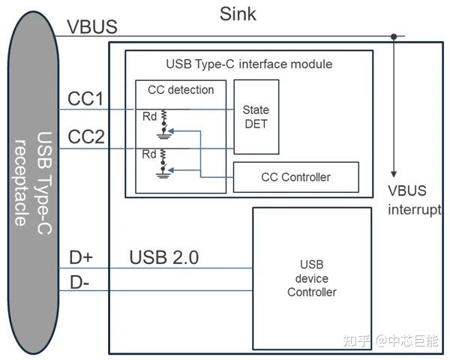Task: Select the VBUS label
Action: (x=91, y=27)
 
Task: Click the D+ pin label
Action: (x=81, y=258)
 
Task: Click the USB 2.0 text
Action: (x=163, y=258)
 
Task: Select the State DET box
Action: (x=256, y=116)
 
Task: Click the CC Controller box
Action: (x=295, y=177)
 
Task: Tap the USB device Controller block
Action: (x=311, y=278)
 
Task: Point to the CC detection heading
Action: (x=180, y=90)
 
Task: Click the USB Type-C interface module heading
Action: (x=248, y=64)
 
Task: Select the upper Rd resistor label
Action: (x=150, y=116)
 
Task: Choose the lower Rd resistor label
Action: (x=150, y=155)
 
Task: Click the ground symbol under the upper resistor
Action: (x=162, y=134)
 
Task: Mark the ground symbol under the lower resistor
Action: (x=162, y=174)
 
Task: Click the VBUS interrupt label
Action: (x=414, y=199)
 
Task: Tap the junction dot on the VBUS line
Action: (x=393, y=35)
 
